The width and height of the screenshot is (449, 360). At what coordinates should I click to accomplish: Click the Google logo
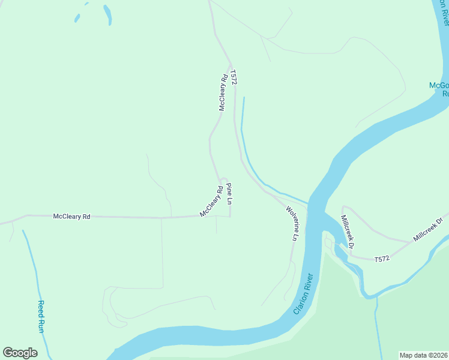[20, 353]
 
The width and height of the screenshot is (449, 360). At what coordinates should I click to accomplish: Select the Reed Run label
[41, 316]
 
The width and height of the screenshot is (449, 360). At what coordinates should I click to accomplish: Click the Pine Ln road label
[229, 194]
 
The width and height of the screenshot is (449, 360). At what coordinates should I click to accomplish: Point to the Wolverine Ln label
[292, 223]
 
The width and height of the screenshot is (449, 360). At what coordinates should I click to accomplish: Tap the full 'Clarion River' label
[304, 295]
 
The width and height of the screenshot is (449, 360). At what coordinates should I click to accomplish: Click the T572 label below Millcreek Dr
[382, 259]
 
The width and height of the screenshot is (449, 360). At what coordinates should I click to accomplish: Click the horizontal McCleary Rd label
[71, 216]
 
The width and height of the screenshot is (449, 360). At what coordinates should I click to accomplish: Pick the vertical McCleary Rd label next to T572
[223, 92]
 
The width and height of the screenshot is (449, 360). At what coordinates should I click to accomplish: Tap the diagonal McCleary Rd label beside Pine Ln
[211, 204]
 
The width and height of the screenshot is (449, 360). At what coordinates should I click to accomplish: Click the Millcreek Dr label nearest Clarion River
[348, 232]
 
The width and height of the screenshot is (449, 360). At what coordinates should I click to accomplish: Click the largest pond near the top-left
[107, 14]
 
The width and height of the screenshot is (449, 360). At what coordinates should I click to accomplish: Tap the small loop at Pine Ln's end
[223, 179]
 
